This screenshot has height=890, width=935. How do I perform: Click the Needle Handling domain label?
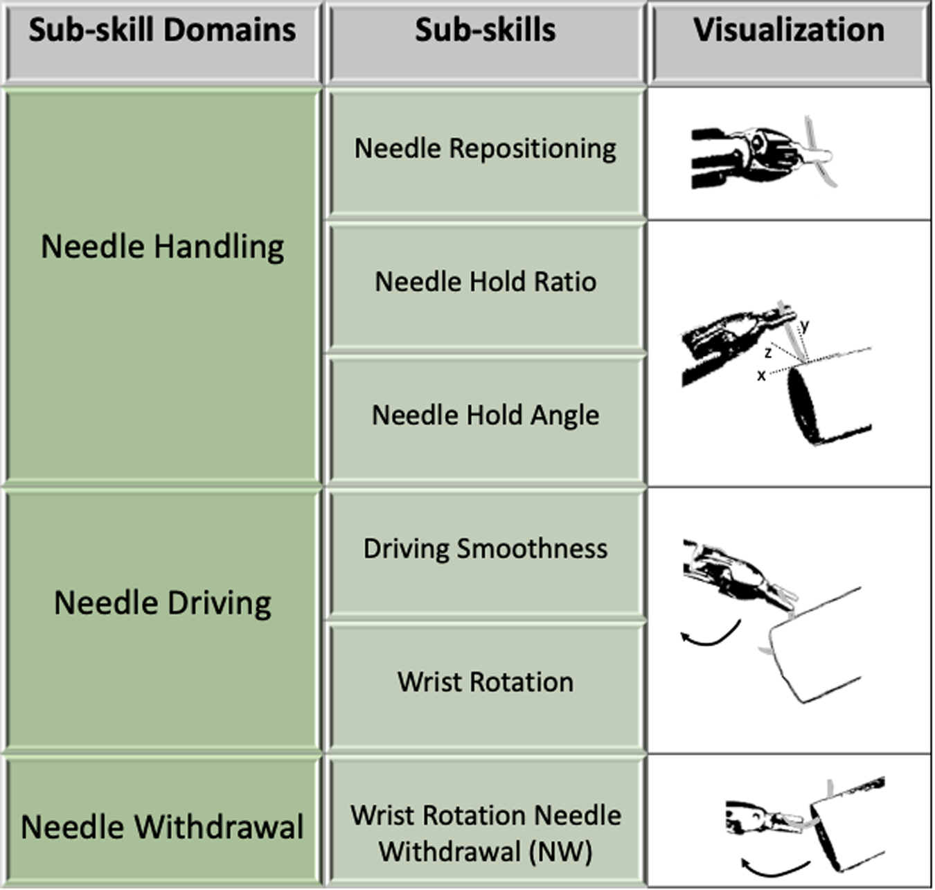point(162,247)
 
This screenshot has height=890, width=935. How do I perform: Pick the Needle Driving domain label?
point(162,603)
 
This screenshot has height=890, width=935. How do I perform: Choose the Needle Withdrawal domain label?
point(162,827)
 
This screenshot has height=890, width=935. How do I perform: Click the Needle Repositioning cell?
point(485,149)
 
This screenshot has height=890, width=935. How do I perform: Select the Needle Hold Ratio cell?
point(485,282)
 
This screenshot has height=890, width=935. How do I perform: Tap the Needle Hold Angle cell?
point(485,416)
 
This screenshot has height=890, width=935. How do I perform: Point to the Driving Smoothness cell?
point(485,549)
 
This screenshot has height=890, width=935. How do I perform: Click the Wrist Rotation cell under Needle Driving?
point(485,682)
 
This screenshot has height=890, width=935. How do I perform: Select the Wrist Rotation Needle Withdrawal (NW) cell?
point(485,833)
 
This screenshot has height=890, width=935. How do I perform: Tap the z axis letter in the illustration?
point(767,353)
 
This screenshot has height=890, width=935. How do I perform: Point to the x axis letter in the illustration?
point(761,376)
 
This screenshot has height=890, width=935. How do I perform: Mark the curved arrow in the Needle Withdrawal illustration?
point(774,866)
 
